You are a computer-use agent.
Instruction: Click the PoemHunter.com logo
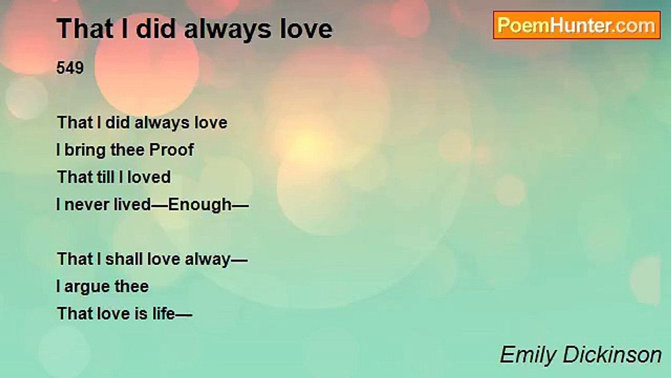577,25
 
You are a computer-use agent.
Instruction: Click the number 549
70,68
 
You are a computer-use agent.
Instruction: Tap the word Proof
171,150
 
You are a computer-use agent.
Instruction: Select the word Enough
200,205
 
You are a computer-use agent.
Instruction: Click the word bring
85,150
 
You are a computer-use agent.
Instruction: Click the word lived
132,204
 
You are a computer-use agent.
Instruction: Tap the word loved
149,177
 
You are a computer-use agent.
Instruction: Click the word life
164,313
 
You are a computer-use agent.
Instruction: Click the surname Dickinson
612,355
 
